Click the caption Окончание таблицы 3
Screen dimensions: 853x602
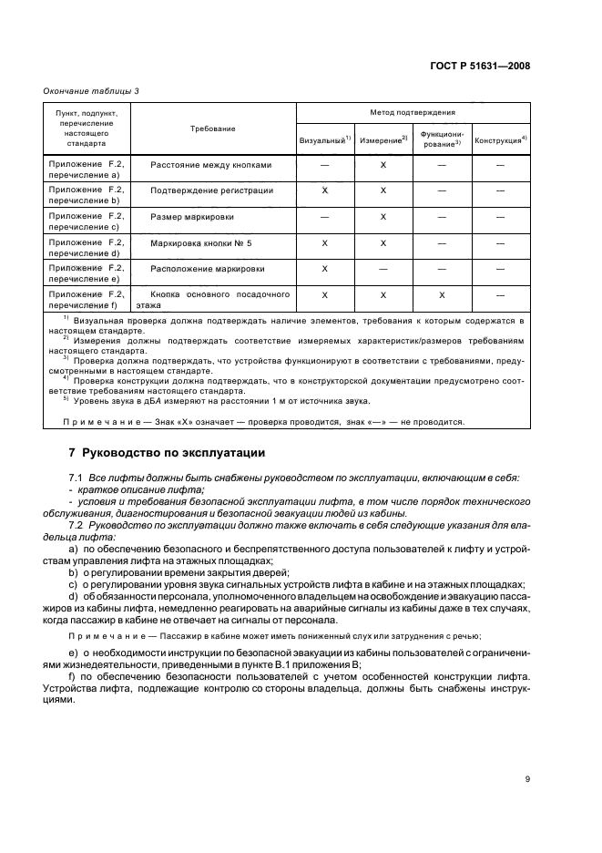click(91, 90)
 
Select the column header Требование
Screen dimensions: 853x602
click(213, 128)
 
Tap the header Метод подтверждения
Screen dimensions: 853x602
click(413, 112)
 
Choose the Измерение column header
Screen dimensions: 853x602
click(383, 140)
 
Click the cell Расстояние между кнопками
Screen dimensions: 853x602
click(211, 165)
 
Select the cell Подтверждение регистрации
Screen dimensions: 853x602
click(211, 190)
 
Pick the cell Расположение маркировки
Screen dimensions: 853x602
click(209, 270)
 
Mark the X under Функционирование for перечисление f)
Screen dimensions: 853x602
click(442, 296)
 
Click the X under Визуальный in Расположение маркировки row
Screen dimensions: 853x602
click(325, 270)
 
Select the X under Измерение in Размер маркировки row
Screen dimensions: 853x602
click(383, 217)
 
